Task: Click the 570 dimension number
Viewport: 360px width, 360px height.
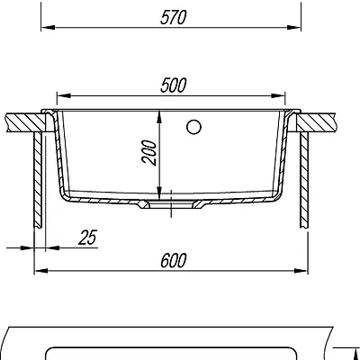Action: point(174,17)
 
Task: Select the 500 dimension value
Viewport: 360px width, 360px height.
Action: point(174,85)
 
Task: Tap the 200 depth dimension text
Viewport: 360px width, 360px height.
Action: point(149,152)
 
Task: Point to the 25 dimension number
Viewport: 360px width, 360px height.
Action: point(87,238)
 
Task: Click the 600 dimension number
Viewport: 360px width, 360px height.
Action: point(174,260)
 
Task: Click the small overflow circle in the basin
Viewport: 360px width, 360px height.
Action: point(193,127)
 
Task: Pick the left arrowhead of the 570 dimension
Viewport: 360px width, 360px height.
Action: point(48,27)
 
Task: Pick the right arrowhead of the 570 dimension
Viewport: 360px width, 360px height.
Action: point(294,27)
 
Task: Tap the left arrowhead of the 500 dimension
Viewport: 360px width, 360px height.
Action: point(64,95)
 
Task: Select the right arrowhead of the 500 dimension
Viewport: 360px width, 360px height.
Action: point(278,95)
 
